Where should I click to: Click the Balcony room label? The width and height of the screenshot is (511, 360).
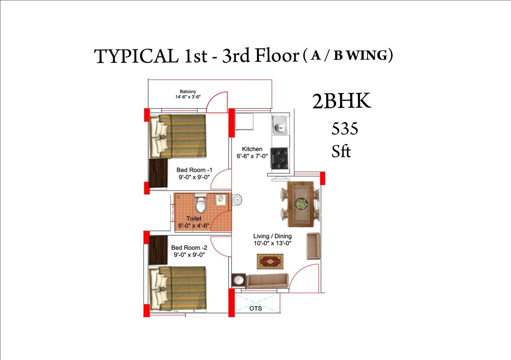[x=188, y=91]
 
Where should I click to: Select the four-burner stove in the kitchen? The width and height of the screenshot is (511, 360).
[x=279, y=158]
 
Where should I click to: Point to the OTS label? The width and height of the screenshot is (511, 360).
[x=255, y=308]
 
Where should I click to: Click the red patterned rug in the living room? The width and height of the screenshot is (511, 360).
[x=270, y=262]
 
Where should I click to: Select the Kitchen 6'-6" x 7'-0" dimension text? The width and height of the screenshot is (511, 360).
[x=252, y=156]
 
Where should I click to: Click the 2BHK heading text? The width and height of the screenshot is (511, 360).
[x=341, y=101]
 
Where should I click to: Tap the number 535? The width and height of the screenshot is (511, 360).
[x=345, y=129]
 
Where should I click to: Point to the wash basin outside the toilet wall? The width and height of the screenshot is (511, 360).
[x=237, y=200]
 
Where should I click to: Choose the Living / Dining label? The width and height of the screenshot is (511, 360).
[x=272, y=236]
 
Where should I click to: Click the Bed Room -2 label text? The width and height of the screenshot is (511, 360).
[x=189, y=248]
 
